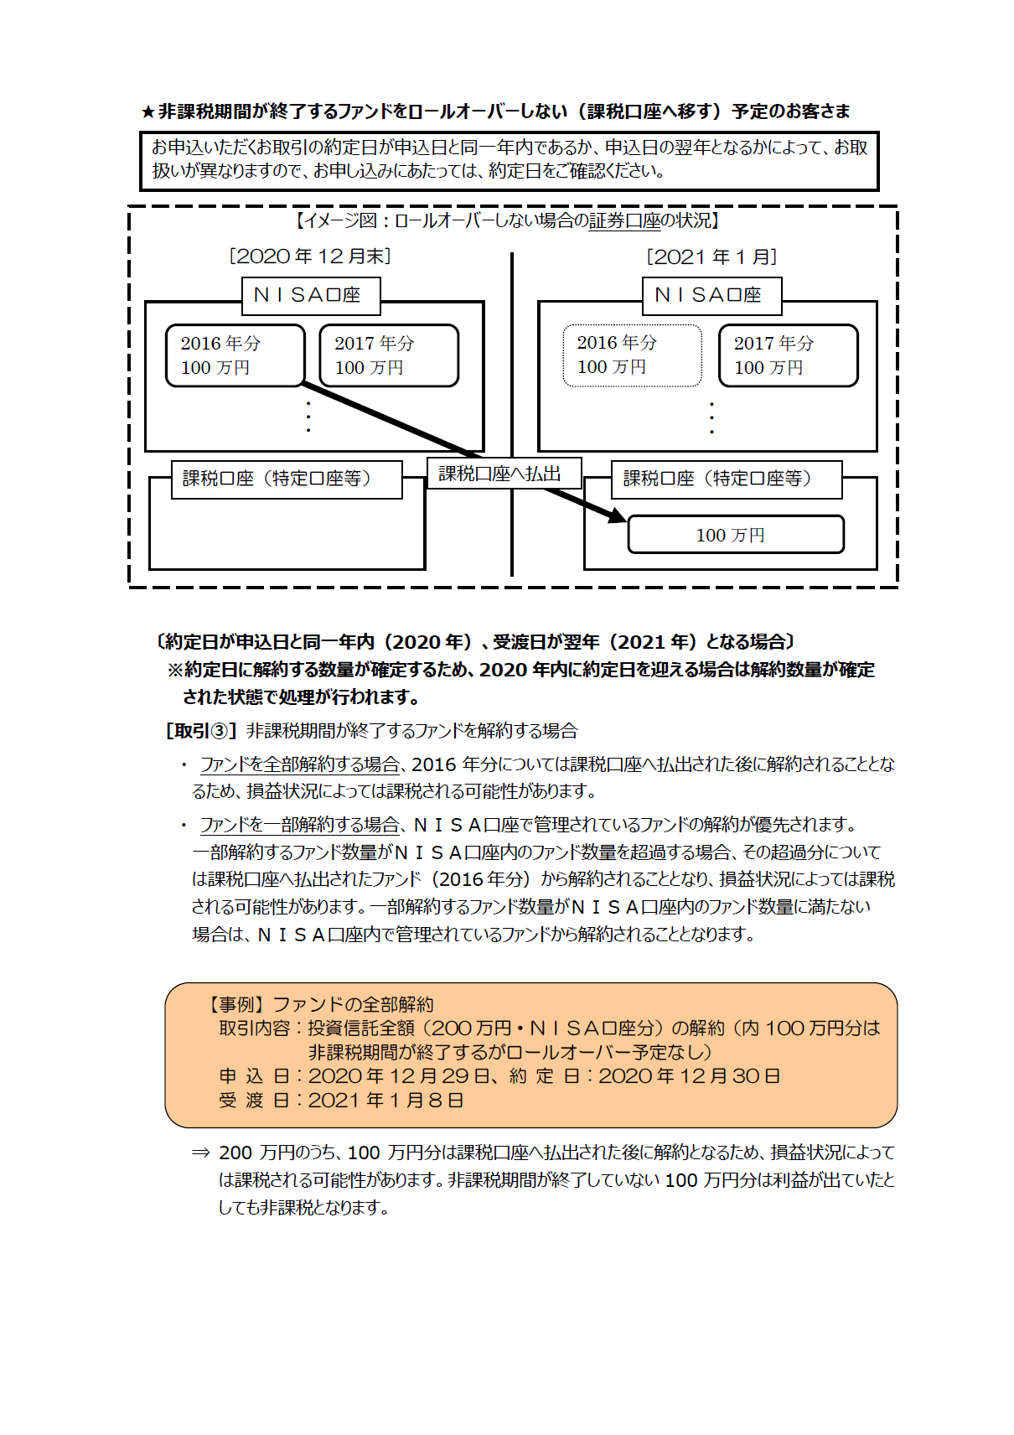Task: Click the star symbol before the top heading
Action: point(148,112)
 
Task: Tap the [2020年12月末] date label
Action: point(310,256)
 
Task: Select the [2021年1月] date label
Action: point(711,256)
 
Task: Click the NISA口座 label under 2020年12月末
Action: point(310,296)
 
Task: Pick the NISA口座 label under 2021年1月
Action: point(711,296)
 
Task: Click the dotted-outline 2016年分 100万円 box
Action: point(632,355)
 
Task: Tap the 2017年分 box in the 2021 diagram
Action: point(788,355)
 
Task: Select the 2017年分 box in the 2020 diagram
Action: point(389,355)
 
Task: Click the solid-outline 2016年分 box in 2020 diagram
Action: point(235,355)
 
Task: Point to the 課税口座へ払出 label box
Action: point(504,474)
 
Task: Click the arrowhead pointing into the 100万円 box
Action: point(617,515)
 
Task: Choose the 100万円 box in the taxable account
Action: point(735,535)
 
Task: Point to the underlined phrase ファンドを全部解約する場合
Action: point(298,764)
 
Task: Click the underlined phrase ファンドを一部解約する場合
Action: point(298,825)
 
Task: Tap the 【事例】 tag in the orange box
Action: point(235,1004)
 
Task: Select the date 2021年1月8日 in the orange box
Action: point(385,1101)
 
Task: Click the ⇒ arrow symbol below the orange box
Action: point(200,1153)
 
